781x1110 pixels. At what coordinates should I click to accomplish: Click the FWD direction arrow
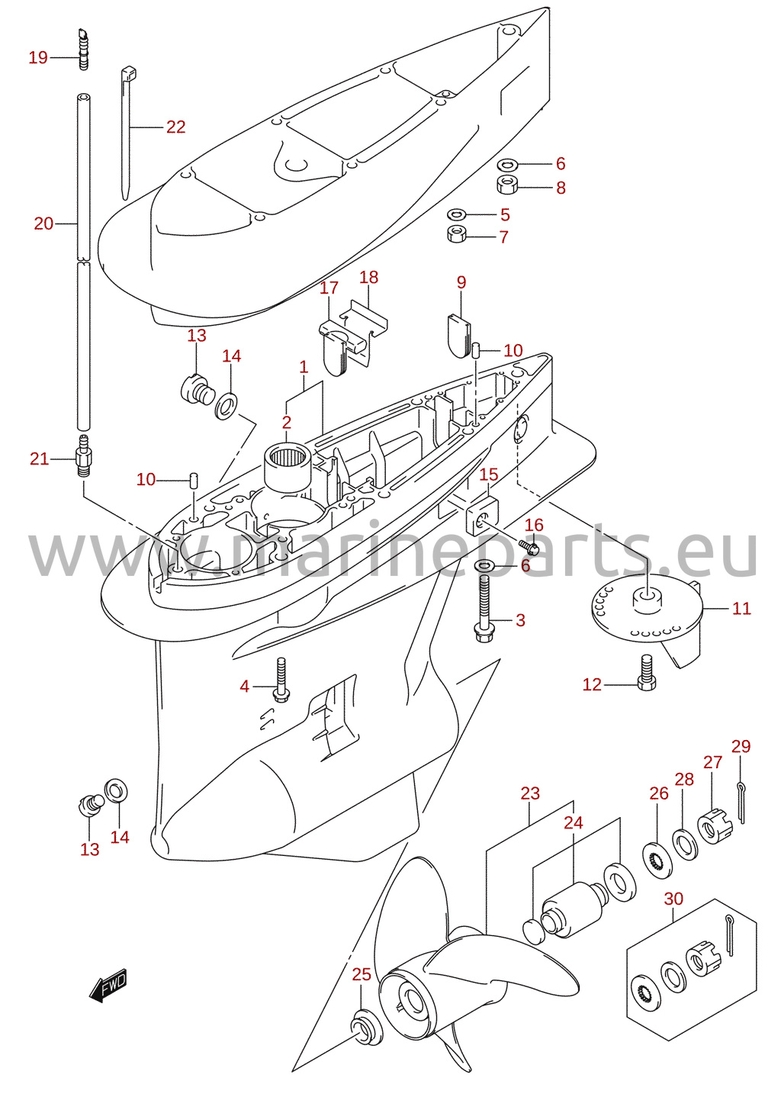point(108,985)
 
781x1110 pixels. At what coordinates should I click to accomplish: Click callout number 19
point(38,58)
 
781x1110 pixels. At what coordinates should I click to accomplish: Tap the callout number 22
point(175,127)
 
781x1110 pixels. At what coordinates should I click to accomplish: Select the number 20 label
point(43,224)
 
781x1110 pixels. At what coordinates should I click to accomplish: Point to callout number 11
point(741,609)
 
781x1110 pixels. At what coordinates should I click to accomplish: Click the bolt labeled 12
point(647,672)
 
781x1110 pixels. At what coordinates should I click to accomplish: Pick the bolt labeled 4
point(281,680)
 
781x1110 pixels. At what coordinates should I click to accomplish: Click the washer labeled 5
point(456,214)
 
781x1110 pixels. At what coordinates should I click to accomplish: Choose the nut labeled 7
point(457,234)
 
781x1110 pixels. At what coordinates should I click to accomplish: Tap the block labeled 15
point(482,516)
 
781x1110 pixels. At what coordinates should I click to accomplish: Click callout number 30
point(673,899)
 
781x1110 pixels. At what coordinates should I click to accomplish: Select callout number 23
point(530,793)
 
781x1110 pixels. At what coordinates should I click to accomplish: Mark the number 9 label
point(461,282)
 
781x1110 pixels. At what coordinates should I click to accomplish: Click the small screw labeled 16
point(529,547)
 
